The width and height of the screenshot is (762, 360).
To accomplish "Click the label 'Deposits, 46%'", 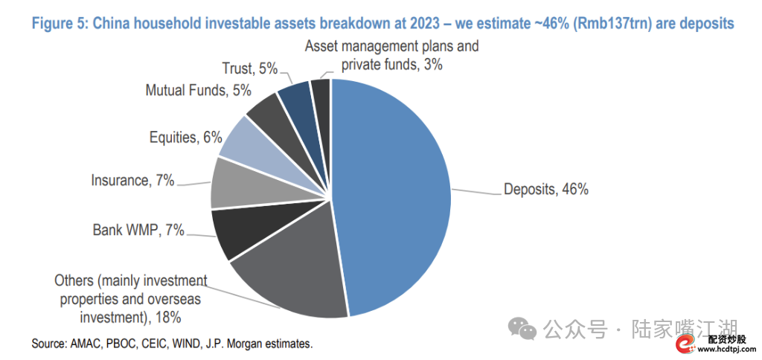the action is click(545, 189).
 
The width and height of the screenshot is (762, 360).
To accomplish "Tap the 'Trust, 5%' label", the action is click(250, 68).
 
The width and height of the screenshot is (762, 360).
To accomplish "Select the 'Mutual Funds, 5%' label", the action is click(198, 90).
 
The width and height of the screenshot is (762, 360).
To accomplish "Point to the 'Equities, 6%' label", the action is click(179, 138).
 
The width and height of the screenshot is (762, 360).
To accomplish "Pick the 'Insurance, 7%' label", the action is click(132, 181).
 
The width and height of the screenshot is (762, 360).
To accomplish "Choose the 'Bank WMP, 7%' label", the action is click(138, 229).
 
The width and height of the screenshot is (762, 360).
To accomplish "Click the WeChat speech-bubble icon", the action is click(522, 329).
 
